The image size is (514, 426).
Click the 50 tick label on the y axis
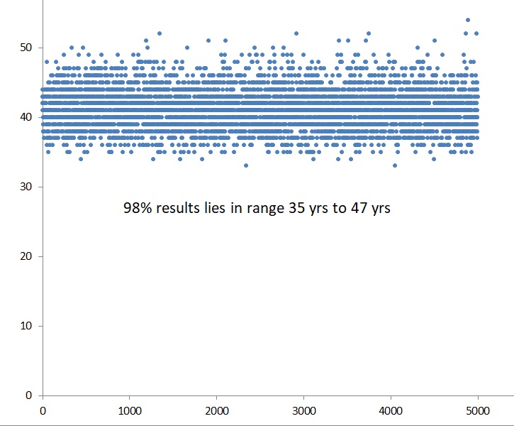point(26,48)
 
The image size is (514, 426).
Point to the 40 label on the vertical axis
point(26,117)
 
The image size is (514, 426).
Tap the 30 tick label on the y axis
point(26,187)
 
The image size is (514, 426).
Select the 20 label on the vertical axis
point(26,256)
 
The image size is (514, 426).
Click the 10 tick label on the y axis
point(26,326)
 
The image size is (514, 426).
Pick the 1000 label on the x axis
point(130,411)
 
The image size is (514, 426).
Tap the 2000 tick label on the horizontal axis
point(217,411)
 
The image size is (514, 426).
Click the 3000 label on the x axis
point(304,411)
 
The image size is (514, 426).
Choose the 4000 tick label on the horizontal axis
point(391,411)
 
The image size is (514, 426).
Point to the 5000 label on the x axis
point(478,411)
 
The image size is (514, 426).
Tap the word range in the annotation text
point(265,209)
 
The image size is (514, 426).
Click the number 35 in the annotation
point(296,208)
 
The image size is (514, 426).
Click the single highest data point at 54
point(468,20)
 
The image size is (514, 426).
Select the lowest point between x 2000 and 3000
point(246,165)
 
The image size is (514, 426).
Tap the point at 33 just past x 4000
point(395,165)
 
